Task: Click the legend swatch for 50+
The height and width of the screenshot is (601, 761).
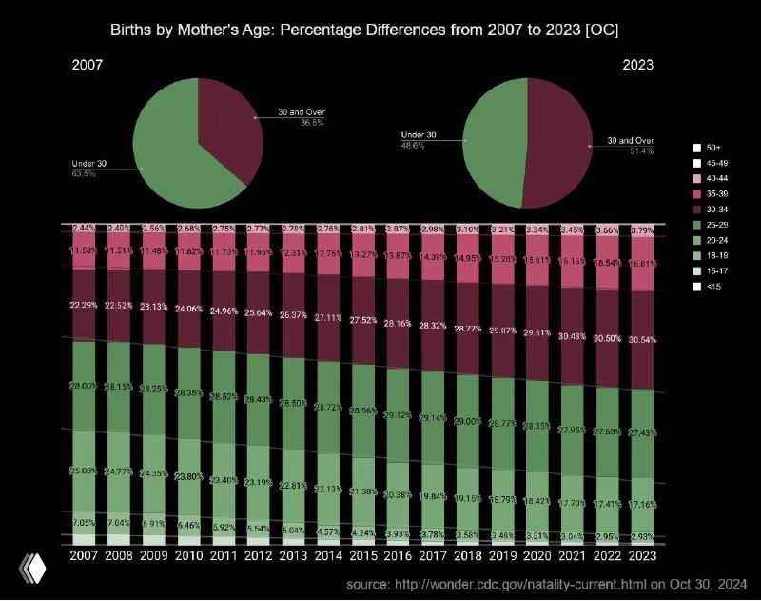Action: pyautogui.click(x=696, y=148)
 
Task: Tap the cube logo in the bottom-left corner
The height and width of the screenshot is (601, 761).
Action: pyautogui.click(x=32, y=569)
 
